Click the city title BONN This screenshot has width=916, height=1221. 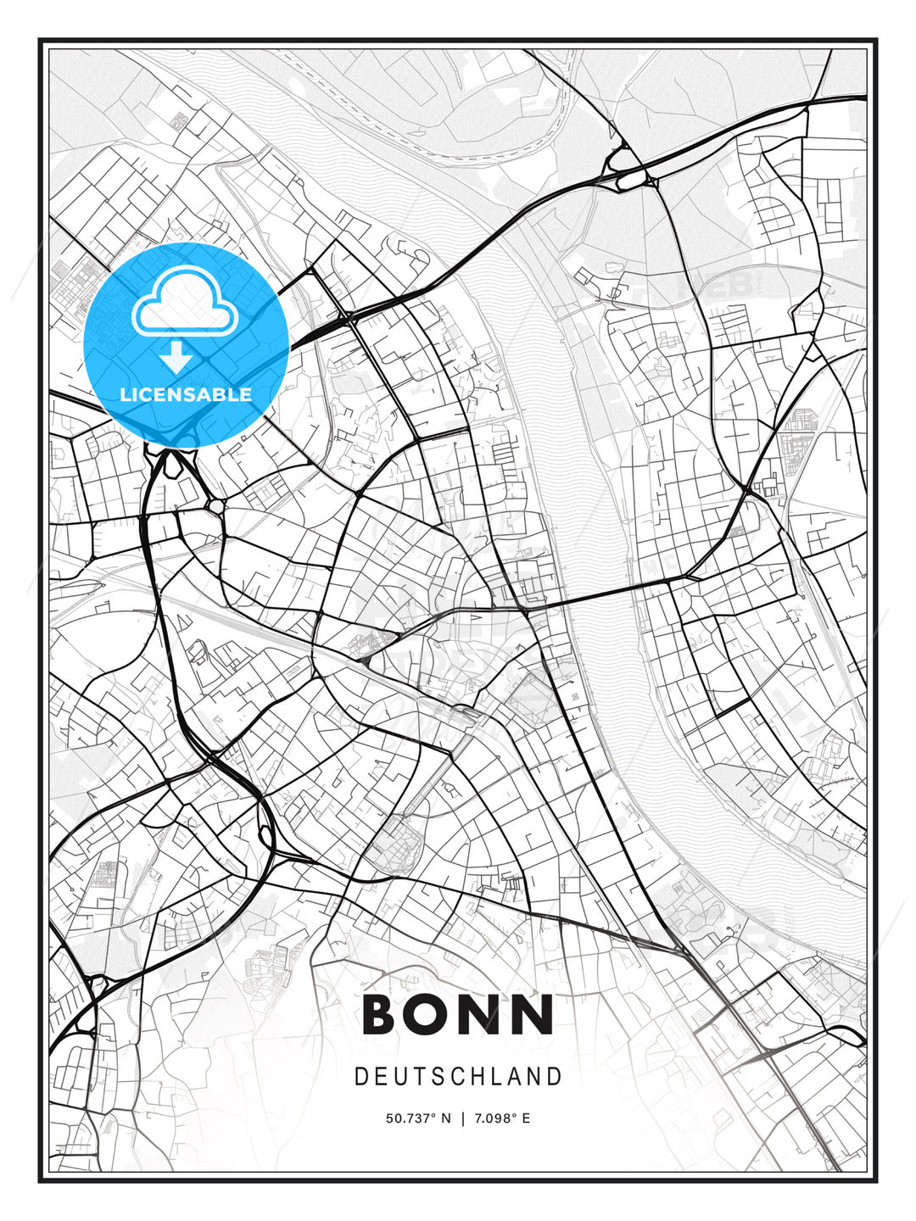click(458, 1014)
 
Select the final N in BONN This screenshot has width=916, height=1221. click(534, 1014)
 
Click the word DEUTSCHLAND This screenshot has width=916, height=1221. click(458, 1077)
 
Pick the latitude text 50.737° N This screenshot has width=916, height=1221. click(418, 1118)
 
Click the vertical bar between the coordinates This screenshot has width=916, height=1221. click(462, 1118)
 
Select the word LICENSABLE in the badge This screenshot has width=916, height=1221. click(186, 394)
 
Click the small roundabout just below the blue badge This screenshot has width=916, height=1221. click(216, 507)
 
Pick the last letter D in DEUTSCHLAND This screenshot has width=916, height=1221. click(556, 1077)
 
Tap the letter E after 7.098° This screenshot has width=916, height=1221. click(526, 1118)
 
